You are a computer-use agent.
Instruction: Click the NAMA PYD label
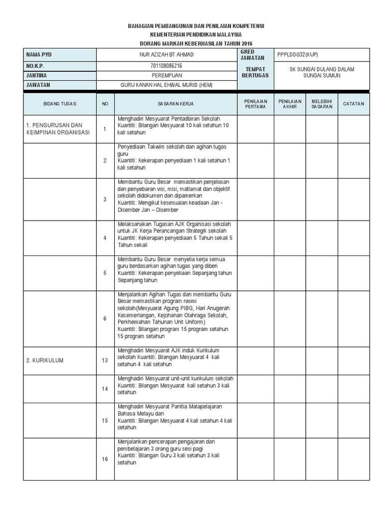tap(40, 55)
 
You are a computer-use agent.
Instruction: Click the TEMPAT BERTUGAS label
tap(255, 72)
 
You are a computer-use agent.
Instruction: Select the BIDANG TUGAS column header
tap(59, 104)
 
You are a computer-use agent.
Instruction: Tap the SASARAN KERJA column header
tap(176, 104)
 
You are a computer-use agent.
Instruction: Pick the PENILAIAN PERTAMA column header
tap(255, 104)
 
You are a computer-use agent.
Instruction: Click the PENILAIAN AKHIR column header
tap(290, 104)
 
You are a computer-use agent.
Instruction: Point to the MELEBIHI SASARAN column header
tap(322, 104)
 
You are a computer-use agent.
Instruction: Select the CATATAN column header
tap(354, 104)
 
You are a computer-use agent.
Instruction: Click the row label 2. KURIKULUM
tap(45, 360)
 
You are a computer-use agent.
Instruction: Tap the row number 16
tap(105, 459)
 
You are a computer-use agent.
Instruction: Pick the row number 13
tap(105, 360)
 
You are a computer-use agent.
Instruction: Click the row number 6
tap(105, 318)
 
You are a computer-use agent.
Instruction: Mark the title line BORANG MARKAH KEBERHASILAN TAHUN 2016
tap(196, 43)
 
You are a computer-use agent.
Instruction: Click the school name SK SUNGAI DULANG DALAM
tap(322, 69)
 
